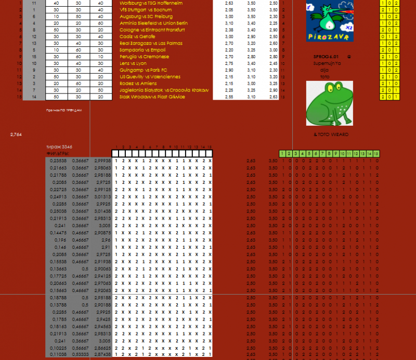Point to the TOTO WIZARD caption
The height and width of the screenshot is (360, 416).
330,135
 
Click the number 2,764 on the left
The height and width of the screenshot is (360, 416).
16,135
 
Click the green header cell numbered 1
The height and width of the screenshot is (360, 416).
282,153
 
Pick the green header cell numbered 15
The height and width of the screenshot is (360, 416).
376,153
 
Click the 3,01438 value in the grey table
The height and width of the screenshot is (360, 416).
102,211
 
